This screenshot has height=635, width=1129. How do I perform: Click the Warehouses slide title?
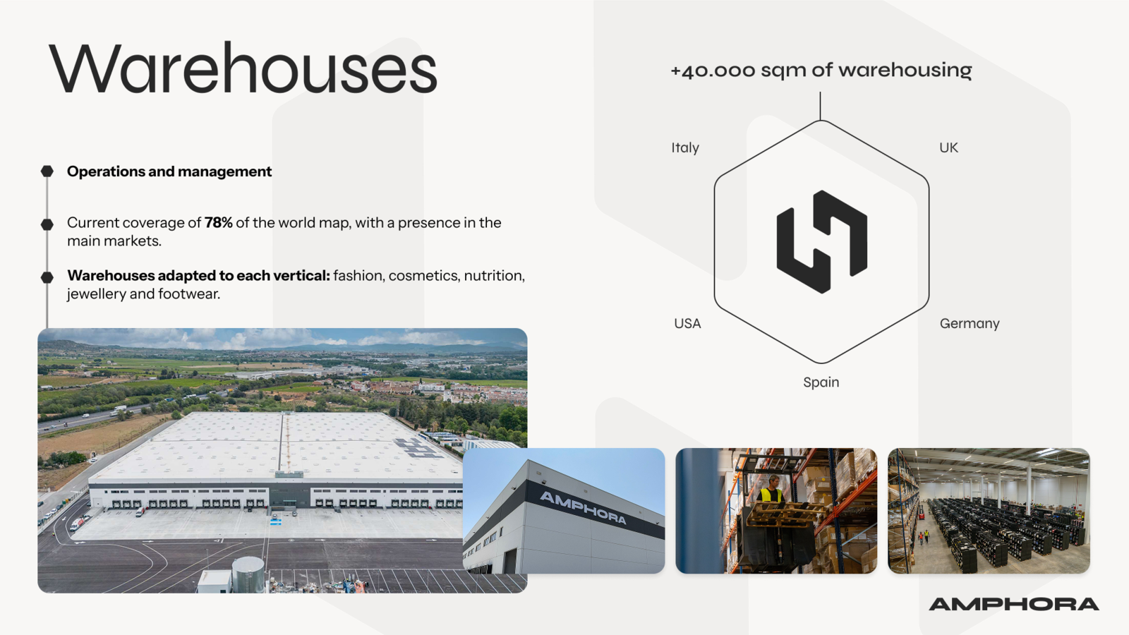coord(243,68)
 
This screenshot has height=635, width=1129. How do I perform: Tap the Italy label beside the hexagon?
coord(685,147)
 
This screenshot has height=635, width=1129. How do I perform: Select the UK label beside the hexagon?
coord(948,147)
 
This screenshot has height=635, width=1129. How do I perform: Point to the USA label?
coord(687,324)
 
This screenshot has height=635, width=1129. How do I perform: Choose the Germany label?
coord(970,324)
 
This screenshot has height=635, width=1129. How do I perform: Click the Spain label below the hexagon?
coord(821,382)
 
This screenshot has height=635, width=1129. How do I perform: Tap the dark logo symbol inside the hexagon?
coord(821,242)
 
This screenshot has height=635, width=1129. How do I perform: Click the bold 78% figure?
coord(218,223)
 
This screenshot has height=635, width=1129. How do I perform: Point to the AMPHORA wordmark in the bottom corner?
coord(1013,604)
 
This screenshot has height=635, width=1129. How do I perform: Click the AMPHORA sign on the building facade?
coord(583,508)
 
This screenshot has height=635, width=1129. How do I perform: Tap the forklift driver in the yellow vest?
coord(770,490)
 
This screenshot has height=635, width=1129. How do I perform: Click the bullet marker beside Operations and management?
coord(47,171)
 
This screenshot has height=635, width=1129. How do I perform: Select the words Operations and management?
coord(169,171)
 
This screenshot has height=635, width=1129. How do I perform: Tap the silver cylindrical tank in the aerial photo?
coord(248,574)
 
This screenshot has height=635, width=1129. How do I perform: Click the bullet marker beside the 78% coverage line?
coord(47,224)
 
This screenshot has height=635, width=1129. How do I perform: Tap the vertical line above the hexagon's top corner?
coord(820,106)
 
